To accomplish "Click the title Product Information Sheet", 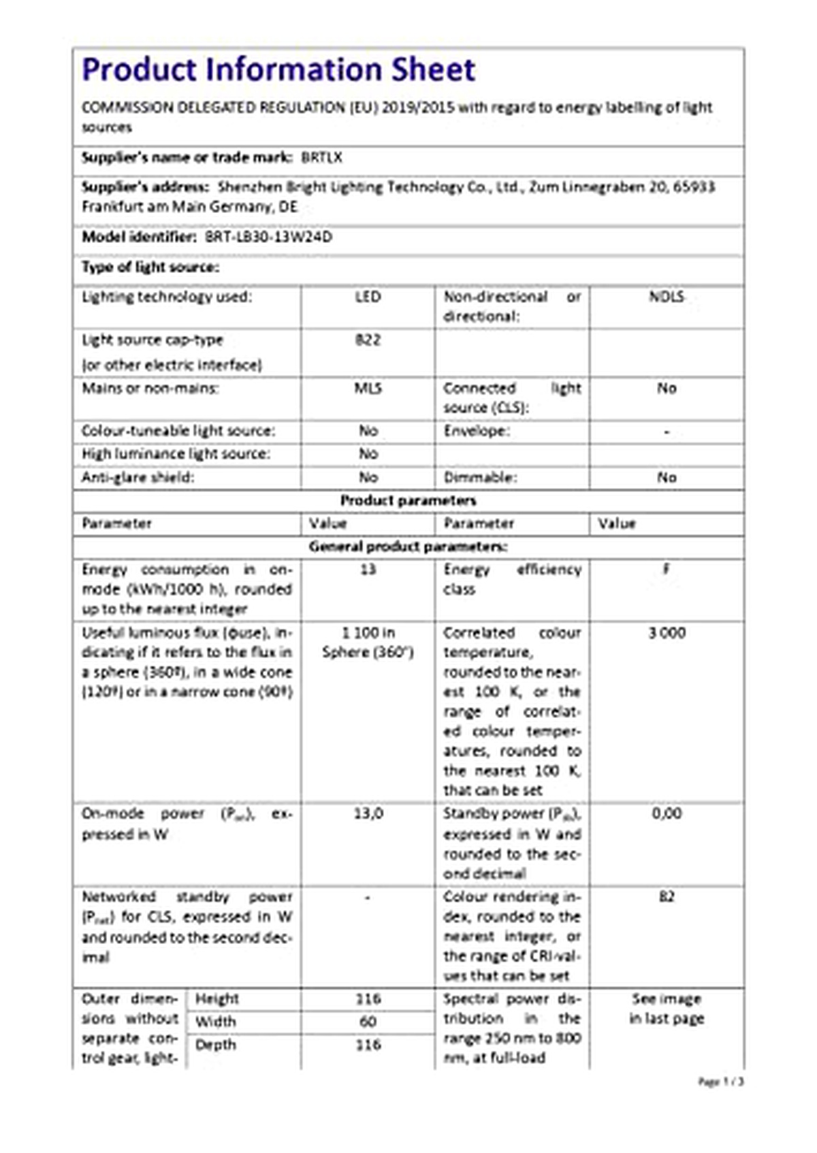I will pos(278,70).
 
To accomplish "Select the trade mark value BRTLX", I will pos(321,158).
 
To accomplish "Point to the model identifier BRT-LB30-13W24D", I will pos(268,237).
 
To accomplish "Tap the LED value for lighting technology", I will pos(368,297).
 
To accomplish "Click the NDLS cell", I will pos(666,297).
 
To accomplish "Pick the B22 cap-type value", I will pos(368,340).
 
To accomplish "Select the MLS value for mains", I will pos(368,388).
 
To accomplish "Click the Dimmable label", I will pos(480,477).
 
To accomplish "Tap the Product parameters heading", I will pos(408,501).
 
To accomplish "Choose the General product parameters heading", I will pos(408,547).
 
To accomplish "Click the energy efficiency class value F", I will pos(667,569).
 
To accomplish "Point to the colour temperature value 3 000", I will pos(667,633).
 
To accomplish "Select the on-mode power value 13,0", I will pos(368,813).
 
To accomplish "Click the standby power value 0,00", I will pos(667,813).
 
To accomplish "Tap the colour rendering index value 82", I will pos(667,896).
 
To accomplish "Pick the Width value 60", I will pos(368,1022).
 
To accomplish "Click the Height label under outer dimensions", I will pos(217,999).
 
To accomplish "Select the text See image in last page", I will pos(667,1009).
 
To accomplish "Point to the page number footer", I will pos(721,1082).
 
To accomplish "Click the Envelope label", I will pos(477,431).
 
